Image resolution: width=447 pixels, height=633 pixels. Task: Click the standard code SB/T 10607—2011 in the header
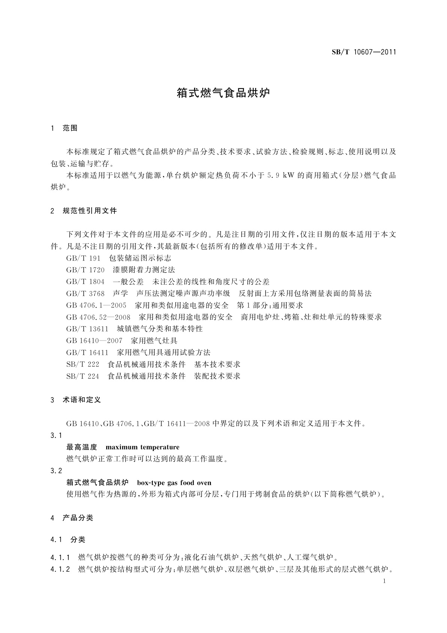(364, 52)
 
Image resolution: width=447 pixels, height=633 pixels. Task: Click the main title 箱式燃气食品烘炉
(223, 93)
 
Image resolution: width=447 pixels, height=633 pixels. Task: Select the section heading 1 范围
(64, 128)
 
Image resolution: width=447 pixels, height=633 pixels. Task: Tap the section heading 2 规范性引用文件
(84, 211)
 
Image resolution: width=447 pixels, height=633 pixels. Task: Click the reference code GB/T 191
(83, 258)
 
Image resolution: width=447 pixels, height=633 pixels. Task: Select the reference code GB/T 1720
(85, 270)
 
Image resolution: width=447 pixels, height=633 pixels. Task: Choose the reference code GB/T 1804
(85, 282)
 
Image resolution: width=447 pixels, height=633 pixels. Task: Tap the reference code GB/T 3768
(85, 294)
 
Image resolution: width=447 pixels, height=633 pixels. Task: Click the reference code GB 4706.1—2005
(96, 305)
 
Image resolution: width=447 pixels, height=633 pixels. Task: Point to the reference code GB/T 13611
(87, 329)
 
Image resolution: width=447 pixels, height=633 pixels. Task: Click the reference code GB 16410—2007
(94, 341)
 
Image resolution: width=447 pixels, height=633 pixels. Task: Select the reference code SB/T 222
(83, 364)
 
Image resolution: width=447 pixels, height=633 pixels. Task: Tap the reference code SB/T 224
(83, 376)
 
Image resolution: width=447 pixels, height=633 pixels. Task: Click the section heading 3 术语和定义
(76, 400)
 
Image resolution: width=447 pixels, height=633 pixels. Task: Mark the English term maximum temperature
(143, 447)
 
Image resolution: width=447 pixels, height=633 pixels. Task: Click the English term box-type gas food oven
(174, 483)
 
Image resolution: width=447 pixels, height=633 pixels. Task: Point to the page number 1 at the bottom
(384, 581)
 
